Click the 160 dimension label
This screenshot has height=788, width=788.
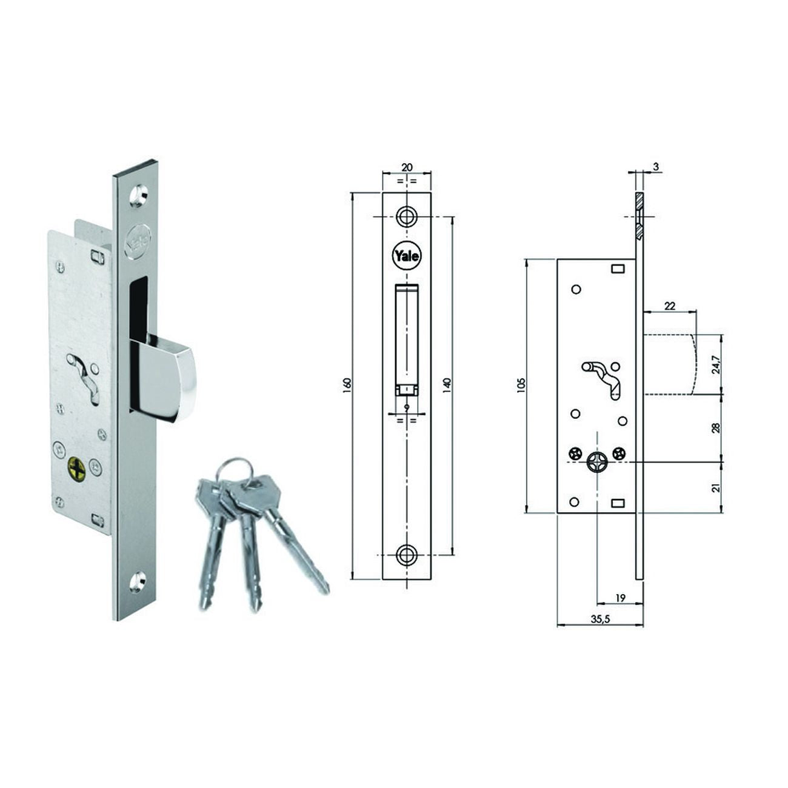[x=347, y=386]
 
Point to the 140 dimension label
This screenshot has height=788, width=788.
[x=447, y=385]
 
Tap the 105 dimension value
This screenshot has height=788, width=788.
[x=521, y=386]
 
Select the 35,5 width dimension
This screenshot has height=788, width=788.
[x=600, y=619]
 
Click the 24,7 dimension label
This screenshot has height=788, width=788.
[x=715, y=365]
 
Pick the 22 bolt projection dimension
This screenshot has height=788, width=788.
[x=670, y=306]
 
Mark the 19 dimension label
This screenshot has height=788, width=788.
[x=620, y=598]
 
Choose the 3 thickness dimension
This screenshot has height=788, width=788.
[x=656, y=167]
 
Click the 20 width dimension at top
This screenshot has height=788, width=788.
[x=407, y=167]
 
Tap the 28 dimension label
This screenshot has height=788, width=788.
[x=715, y=428]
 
